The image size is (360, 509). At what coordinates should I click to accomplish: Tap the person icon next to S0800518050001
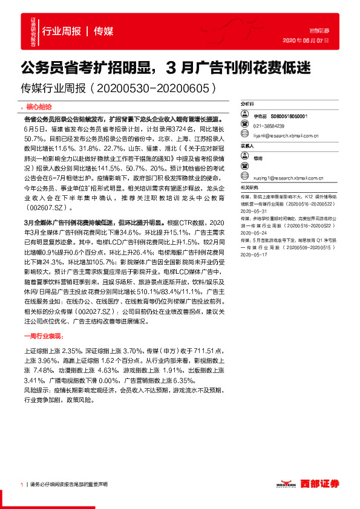[x=246, y=115]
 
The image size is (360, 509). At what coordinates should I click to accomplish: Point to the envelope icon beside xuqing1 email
[x=246, y=178]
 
